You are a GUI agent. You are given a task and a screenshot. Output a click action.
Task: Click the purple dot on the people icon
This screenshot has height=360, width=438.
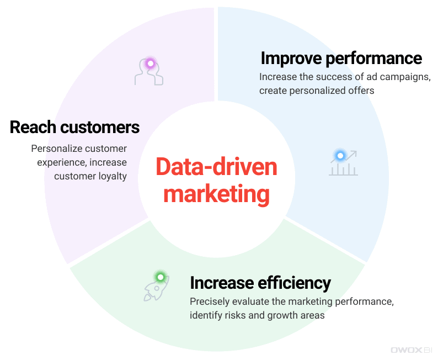click(x=150, y=63)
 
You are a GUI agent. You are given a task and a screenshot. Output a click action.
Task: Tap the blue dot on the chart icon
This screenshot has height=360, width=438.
click(x=340, y=155)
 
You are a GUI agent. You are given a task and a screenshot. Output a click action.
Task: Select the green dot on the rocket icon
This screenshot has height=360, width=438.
click(x=161, y=277)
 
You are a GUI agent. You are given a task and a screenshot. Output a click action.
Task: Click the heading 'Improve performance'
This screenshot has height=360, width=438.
click(x=341, y=59)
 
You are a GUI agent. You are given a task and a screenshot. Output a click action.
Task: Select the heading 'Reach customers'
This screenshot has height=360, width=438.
click(x=74, y=127)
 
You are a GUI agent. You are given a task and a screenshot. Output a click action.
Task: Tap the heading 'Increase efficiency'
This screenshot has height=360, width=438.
click(x=260, y=283)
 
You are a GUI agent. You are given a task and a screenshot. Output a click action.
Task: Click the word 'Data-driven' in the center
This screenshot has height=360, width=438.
click(x=216, y=167)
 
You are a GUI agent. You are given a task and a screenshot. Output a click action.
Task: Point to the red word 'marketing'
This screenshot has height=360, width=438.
click(x=216, y=195)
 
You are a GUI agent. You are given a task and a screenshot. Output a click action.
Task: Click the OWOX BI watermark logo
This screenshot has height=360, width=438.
click(x=412, y=350)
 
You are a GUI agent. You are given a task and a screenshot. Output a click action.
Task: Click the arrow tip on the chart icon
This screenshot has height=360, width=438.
click(x=356, y=151)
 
